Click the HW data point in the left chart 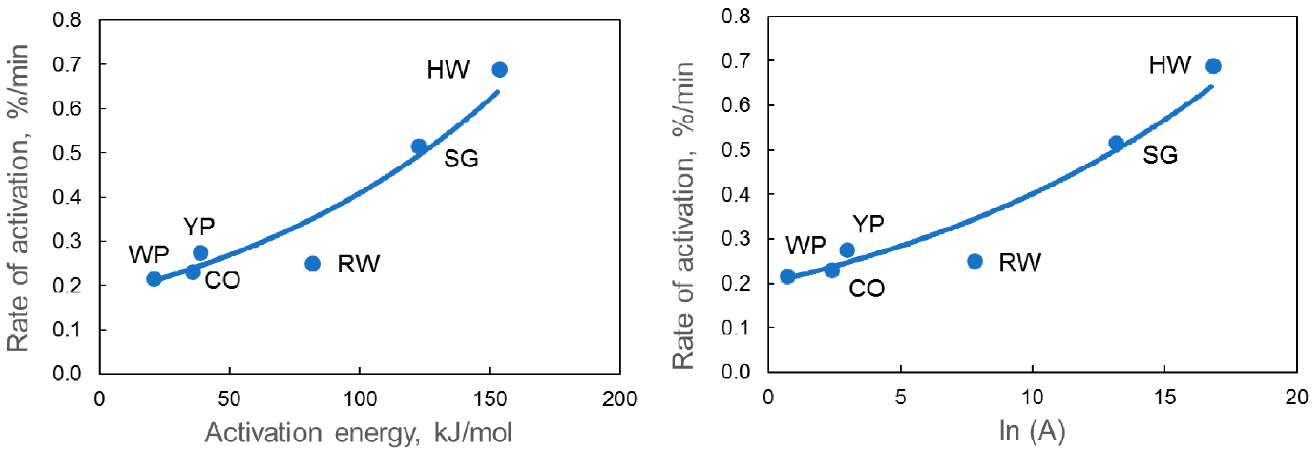[499, 69]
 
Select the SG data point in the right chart [1116, 142]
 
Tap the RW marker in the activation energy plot [312, 264]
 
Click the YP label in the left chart [199, 226]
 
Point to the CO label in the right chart [867, 289]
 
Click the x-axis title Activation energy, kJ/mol [358, 433]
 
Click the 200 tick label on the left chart [619, 399]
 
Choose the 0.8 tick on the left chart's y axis [67, 20]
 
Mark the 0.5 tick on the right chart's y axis [736, 150]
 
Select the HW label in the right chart [1170, 65]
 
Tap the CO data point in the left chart [193, 272]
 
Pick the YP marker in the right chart [847, 250]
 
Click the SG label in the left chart [461, 158]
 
